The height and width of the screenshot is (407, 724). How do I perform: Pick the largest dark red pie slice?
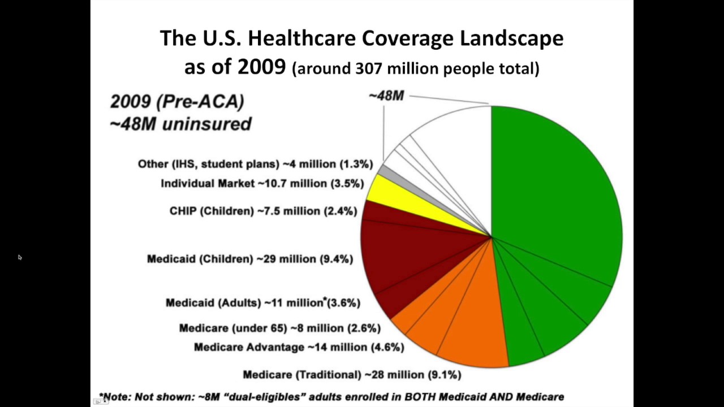pos(407,254)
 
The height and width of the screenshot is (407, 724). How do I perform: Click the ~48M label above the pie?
pos(386,96)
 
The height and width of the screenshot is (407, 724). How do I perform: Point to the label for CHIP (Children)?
pos(263,211)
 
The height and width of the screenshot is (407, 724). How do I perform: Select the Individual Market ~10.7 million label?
pos(262,184)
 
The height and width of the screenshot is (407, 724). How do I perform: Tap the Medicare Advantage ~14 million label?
pos(299,347)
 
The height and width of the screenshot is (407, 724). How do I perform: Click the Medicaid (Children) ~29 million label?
pos(249,259)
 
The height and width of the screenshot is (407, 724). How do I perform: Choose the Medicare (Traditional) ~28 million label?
pos(352,374)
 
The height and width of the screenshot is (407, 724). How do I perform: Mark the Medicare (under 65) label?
pos(279,328)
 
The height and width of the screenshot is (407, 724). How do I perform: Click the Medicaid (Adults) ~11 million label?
pos(262,302)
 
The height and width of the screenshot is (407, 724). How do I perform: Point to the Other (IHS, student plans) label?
pos(255,164)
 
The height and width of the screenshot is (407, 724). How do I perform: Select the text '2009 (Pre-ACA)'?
pos(177,102)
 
